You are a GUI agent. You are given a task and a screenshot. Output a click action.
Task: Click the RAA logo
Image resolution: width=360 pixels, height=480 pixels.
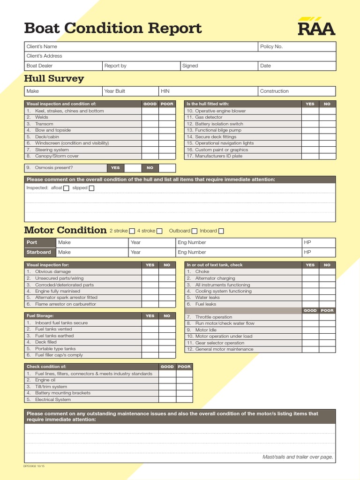(x=316, y=27)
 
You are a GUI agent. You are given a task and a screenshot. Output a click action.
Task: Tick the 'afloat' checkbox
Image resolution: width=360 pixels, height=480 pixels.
(x=66, y=188)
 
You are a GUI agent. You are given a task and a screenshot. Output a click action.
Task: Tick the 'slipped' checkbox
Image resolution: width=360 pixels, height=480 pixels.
(x=91, y=188)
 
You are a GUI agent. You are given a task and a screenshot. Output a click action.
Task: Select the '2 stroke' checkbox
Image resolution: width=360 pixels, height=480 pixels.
(x=132, y=231)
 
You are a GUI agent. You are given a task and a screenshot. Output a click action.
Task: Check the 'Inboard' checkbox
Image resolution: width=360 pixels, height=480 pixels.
(x=221, y=231)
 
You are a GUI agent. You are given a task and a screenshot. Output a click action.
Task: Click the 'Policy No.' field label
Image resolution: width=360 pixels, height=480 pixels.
(x=271, y=47)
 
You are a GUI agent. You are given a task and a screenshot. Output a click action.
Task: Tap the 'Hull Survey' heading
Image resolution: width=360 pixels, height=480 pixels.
(x=54, y=78)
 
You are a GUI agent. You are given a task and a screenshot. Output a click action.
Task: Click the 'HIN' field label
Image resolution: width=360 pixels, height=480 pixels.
(x=165, y=91)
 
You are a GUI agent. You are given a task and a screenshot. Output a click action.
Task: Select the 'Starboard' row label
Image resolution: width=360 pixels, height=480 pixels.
(x=39, y=252)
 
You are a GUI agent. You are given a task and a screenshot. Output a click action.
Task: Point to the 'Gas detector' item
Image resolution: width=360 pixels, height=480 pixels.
(x=209, y=118)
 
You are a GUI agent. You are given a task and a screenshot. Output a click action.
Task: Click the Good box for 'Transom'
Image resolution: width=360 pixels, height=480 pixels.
(x=150, y=124)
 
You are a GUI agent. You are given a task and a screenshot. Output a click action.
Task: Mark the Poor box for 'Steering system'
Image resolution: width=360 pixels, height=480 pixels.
(x=167, y=150)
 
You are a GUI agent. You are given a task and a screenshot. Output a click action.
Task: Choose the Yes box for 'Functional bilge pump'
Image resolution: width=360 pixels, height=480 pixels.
(x=310, y=130)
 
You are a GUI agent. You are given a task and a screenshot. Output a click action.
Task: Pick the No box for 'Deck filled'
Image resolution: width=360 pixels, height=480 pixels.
(x=167, y=342)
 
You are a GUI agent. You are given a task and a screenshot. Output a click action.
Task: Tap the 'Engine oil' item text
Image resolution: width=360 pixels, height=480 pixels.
(x=45, y=380)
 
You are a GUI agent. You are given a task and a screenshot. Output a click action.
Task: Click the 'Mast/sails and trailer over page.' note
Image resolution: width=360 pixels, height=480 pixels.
(x=298, y=457)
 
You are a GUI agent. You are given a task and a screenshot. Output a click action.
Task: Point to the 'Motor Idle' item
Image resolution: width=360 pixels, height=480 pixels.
(x=206, y=330)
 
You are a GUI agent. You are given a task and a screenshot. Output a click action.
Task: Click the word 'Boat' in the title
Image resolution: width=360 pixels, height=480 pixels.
(x=42, y=29)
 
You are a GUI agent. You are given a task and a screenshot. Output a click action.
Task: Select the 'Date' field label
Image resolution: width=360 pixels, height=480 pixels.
(x=266, y=66)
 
